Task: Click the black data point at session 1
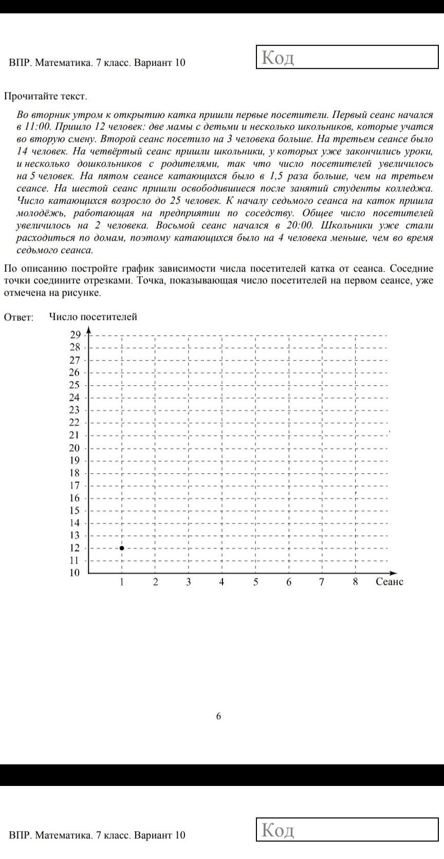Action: (122, 548)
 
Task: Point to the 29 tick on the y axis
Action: (76, 335)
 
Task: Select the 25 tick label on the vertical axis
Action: (75, 385)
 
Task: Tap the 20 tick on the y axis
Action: (75, 448)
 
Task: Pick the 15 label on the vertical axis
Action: (75, 510)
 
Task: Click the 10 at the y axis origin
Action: (75, 573)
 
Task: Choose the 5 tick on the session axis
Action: (255, 582)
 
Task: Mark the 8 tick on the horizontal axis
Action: (355, 582)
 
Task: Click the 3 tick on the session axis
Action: (189, 582)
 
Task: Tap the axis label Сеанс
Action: (390, 582)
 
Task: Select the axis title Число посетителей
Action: (93, 317)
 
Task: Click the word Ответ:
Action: (19, 317)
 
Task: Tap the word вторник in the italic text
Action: (49, 115)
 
